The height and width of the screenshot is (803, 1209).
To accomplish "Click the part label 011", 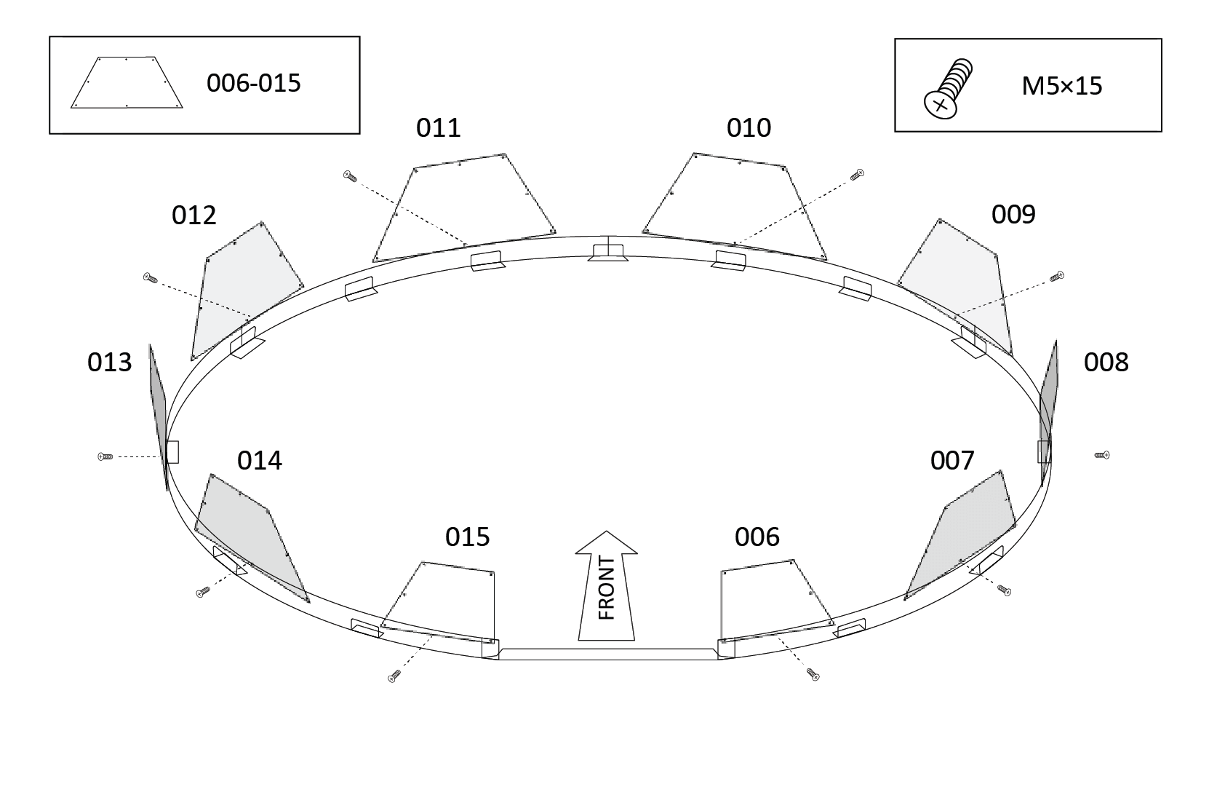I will [x=438, y=128].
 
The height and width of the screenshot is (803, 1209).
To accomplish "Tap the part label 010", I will [x=749, y=128].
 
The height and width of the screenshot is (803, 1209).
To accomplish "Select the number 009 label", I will [x=1013, y=215].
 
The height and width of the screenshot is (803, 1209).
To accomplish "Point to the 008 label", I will [x=1106, y=362].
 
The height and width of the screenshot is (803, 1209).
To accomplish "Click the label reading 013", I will [x=110, y=362].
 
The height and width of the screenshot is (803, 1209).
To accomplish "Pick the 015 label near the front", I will [x=467, y=537].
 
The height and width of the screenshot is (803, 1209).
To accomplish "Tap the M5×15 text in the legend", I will [x=1061, y=87].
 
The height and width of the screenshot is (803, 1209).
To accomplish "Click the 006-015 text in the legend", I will [x=253, y=83].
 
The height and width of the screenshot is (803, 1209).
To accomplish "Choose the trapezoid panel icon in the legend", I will [x=127, y=83].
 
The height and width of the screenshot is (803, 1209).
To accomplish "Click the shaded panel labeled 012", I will [x=244, y=288].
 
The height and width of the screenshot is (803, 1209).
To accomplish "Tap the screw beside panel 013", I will [x=105, y=456].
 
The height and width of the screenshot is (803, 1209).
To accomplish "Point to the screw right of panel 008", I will [x=1101, y=455].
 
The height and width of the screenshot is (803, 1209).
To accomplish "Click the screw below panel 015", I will [x=394, y=676].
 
